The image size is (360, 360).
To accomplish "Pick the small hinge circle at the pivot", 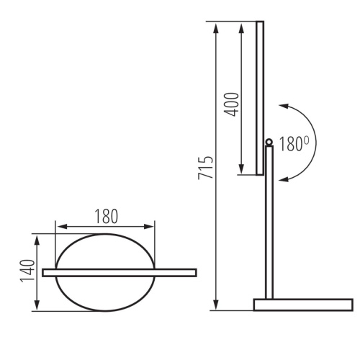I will pyautogui.click(x=269, y=142).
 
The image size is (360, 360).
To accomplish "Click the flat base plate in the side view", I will pyautogui.click(x=302, y=305).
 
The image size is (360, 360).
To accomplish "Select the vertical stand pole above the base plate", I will pyautogui.click(x=269, y=223).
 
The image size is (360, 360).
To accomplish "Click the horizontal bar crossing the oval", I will pyautogui.click(x=119, y=272).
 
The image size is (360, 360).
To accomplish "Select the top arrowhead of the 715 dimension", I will pyautogui.click(x=215, y=26).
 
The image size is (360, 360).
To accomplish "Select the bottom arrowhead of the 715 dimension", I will pyautogui.click(x=215, y=307).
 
